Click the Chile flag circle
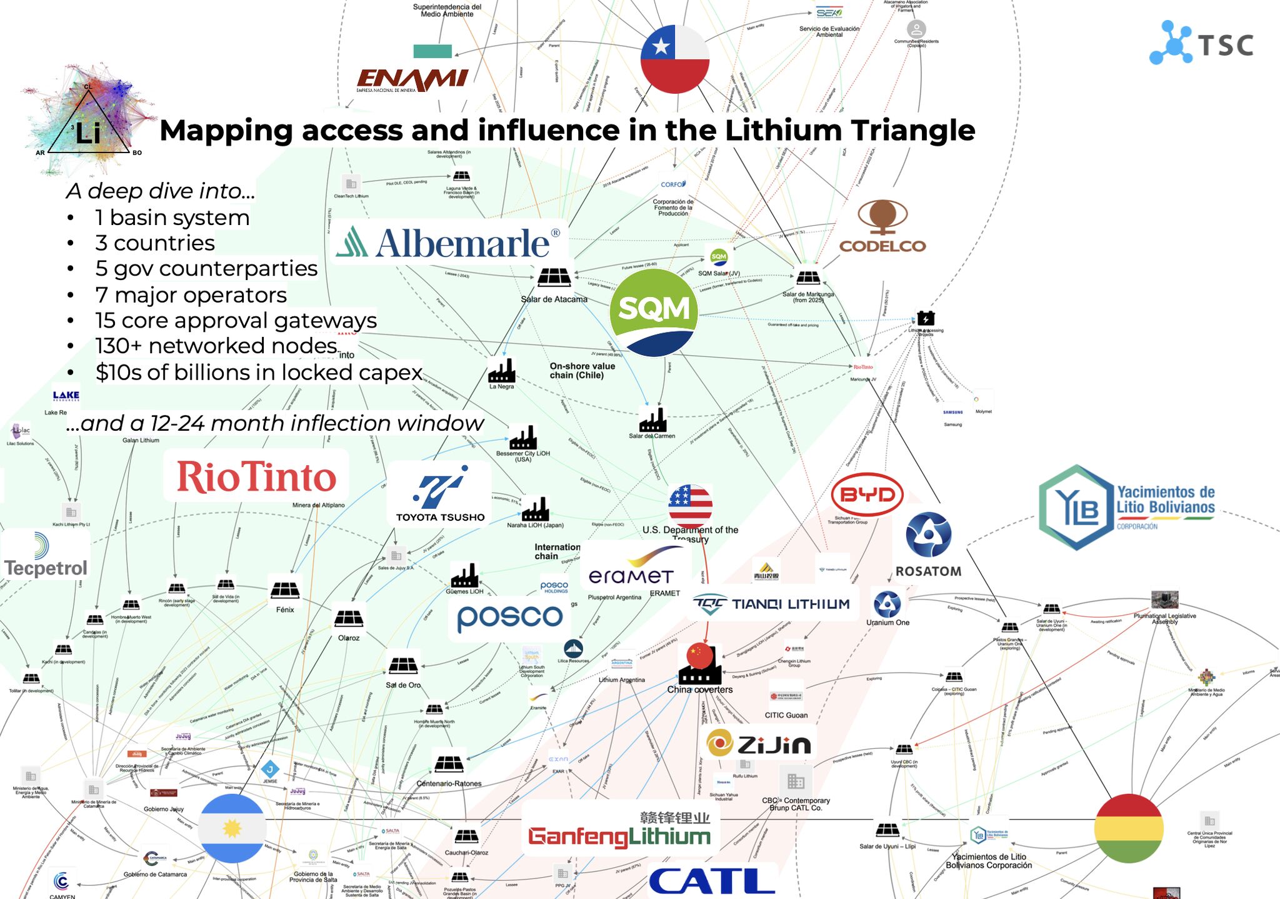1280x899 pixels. click(675, 59)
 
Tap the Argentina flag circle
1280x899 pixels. click(232, 828)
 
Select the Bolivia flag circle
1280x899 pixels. click(1129, 828)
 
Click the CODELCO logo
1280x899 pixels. click(882, 227)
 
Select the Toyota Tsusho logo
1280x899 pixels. click(440, 494)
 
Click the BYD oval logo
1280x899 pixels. click(867, 495)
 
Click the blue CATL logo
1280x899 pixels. click(712, 881)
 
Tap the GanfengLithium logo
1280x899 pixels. click(619, 830)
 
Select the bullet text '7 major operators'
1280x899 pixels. click(191, 294)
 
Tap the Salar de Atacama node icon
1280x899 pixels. click(554, 276)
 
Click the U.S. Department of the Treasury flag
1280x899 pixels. click(690, 505)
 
